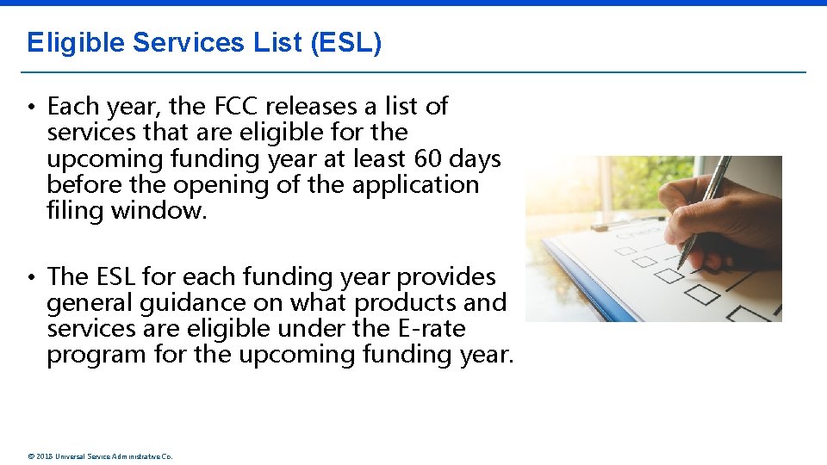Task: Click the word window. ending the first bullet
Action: pyautogui.click(x=159, y=211)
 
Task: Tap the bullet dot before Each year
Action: pyautogui.click(x=29, y=108)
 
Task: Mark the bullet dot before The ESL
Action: pyautogui.click(x=29, y=277)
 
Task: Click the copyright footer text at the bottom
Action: pyautogui.click(x=100, y=456)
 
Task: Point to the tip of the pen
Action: pyautogui.click(x=680, y=268)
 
